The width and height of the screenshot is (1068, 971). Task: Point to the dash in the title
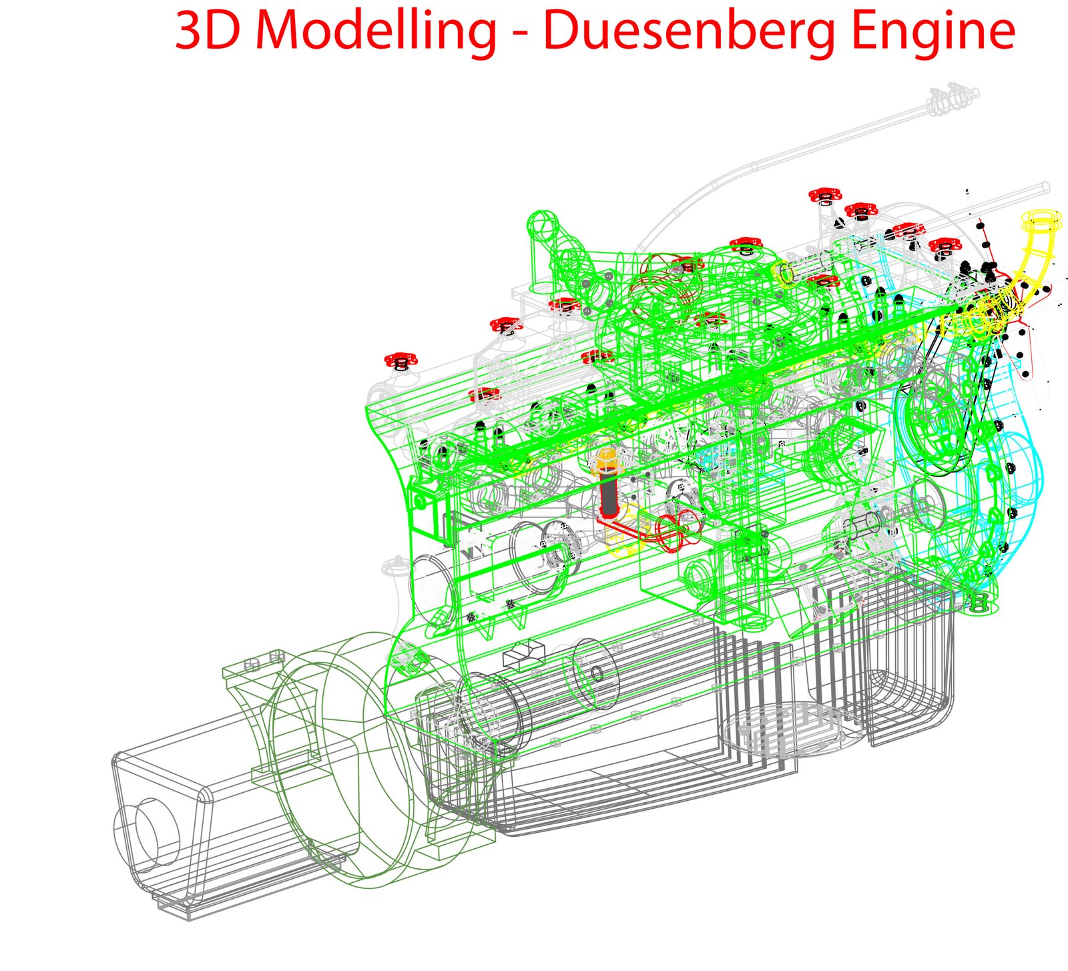pos(520,35)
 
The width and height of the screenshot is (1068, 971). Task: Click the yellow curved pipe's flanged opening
pos(1044,220)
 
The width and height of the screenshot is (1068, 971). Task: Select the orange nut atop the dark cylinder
pos(606,460)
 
